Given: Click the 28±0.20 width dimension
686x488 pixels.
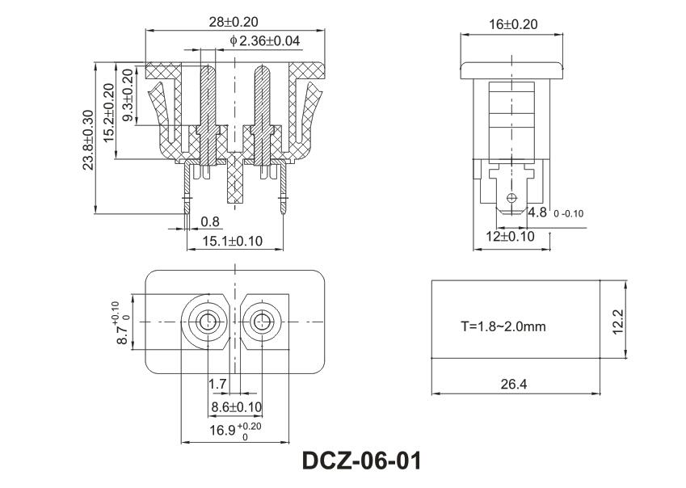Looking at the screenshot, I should (228, 22).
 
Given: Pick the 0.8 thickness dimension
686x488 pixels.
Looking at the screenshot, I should (209, 221).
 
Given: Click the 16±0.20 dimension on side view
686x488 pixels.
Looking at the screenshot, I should (513, 24).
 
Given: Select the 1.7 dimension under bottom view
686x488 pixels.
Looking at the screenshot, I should (217, 383).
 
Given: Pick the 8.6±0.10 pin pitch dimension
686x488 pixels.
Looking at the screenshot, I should (236, 406).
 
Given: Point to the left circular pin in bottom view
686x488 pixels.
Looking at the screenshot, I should (208, 321).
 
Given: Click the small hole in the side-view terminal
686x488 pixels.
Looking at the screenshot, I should (511, 197).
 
